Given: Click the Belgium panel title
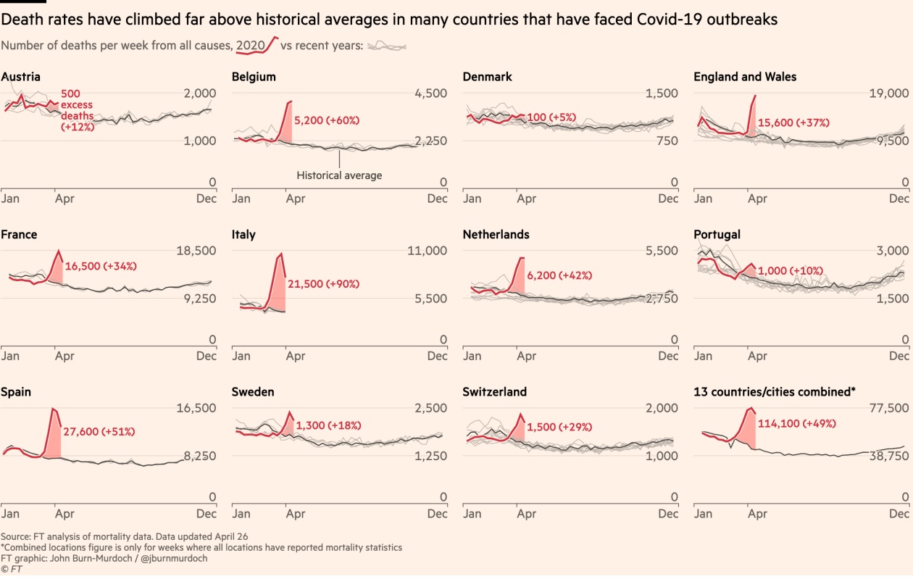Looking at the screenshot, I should coord(254,77).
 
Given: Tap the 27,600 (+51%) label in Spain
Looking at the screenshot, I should coord(99,431).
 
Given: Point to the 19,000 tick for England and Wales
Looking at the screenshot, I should coord(888,93).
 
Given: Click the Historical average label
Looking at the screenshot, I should coord(339,175).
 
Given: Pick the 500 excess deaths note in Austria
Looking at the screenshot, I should coord(78,111).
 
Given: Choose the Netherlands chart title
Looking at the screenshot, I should coord(496,234).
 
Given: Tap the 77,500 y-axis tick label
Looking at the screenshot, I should coord(888,409).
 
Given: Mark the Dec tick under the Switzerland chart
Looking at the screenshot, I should coord(669,514).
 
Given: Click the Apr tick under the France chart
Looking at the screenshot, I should coord(64,356).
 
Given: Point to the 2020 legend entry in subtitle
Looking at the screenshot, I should coord(251,46).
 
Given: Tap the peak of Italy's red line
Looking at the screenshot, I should coord(281,254).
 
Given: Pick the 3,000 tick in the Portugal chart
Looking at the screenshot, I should coord(892,251).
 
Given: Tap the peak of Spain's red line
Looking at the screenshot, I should coord(52,409).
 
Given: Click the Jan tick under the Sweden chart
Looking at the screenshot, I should coord(241,514).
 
